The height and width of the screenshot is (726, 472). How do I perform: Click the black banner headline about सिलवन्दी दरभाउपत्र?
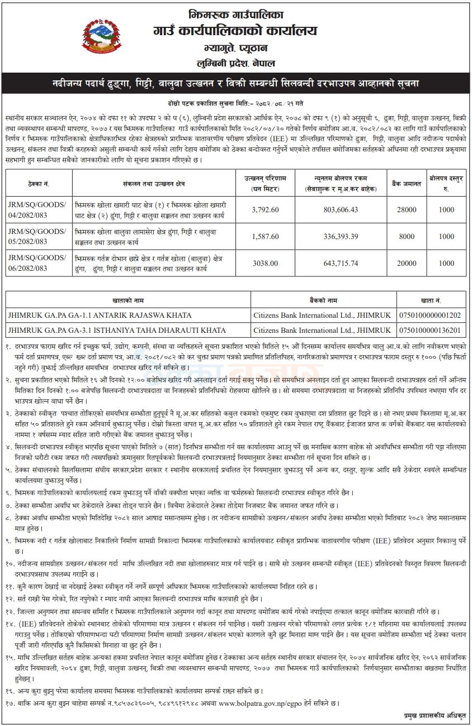click(x=235, y=83)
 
